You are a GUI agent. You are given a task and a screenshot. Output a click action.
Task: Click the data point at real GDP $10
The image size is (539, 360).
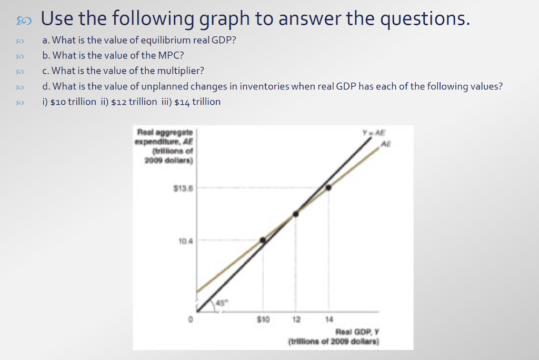tap(263, 240)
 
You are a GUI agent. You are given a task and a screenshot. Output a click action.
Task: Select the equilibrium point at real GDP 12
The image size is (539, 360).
tap(296, 214)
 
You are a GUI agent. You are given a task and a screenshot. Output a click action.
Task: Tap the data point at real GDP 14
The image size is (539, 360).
tap(328, 187)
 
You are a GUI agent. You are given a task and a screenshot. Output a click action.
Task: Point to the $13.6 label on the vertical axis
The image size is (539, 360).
tap(183, 187)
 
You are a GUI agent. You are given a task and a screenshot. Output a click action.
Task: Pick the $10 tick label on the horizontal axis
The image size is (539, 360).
tap(263, 319)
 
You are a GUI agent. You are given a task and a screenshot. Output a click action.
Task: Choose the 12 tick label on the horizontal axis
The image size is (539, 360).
tap(296, 319)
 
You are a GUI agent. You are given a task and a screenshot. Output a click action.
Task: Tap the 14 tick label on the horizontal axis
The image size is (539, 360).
tap(329, 319)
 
